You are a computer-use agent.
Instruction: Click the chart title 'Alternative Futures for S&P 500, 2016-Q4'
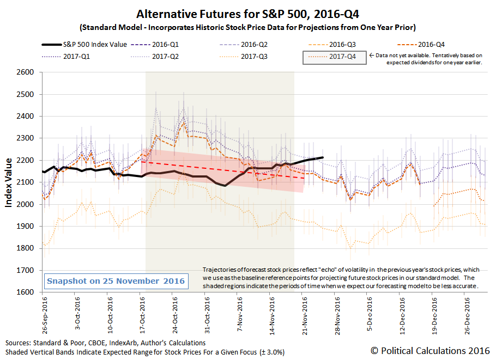247,14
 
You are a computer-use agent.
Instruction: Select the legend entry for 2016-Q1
155,45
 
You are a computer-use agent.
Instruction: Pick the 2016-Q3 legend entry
332,45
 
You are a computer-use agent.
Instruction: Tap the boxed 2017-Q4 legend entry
334,58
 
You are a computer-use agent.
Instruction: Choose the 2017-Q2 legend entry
155,57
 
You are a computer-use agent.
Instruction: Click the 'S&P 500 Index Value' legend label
95,45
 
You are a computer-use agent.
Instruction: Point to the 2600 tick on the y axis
25,72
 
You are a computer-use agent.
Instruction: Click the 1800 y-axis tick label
25,248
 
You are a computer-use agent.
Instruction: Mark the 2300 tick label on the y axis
25,138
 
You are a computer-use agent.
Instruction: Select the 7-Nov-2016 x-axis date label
239,314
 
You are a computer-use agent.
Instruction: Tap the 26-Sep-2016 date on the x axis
45,315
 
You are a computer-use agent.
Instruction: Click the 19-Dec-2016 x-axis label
434,315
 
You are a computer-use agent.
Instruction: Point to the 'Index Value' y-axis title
9,182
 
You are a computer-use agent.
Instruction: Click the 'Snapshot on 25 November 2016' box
116,281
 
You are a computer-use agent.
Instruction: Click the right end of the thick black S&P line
323,157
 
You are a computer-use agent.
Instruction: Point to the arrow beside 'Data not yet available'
371,56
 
